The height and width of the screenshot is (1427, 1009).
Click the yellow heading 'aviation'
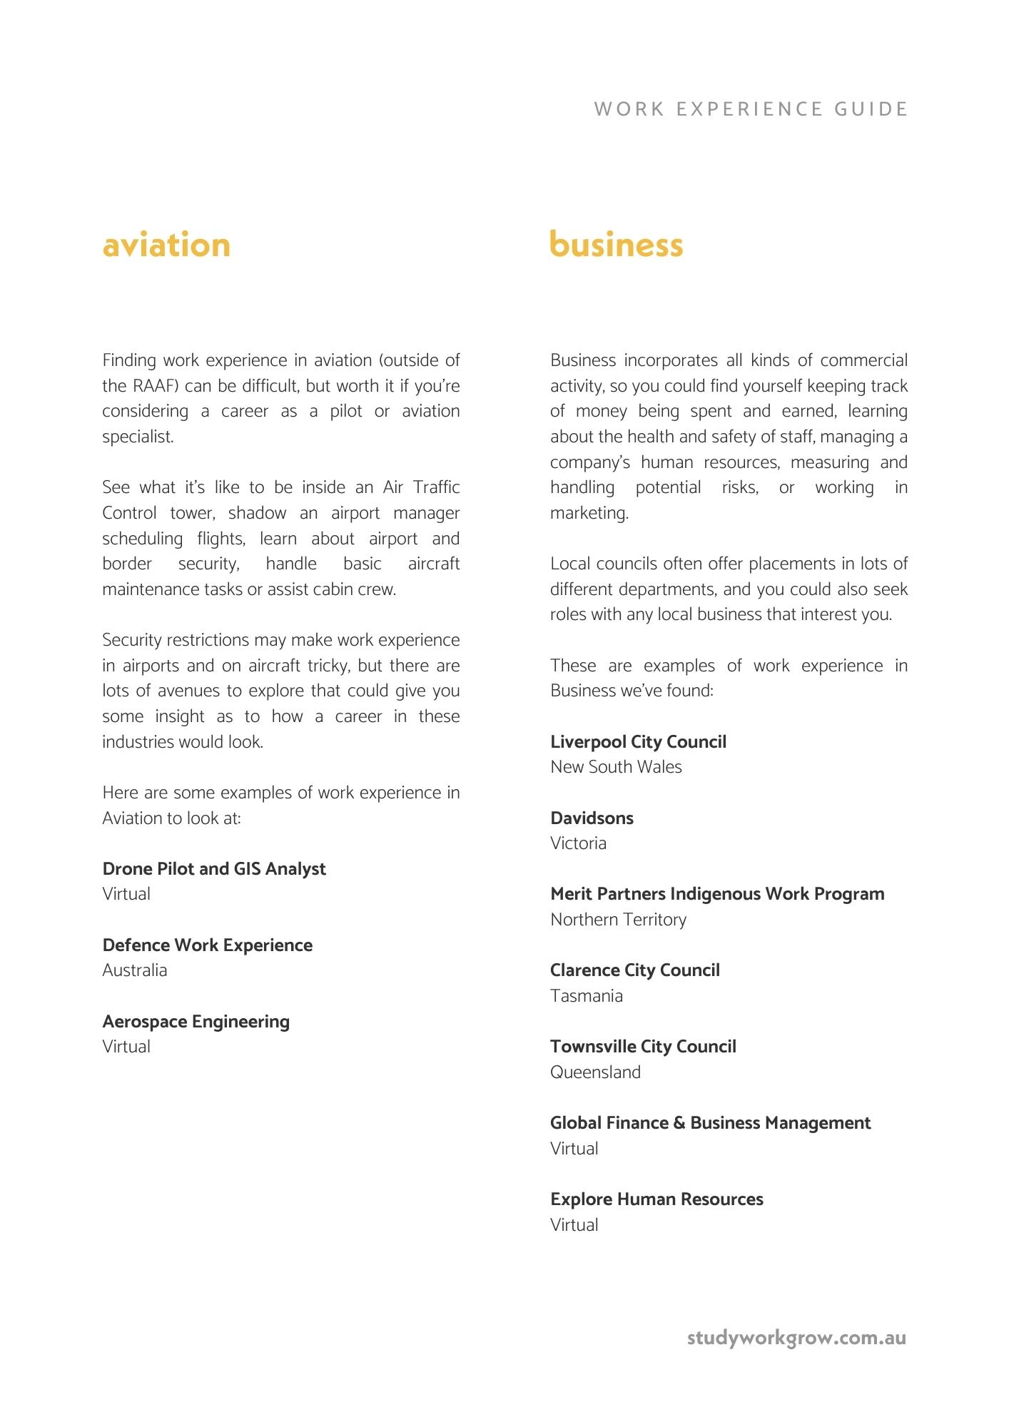click(166, 245)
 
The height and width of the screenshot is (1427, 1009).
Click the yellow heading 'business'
click(617, 245)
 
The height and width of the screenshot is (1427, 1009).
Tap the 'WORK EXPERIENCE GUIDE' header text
click(751, 109)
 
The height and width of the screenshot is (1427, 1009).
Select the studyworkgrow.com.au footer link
click(796, 1337)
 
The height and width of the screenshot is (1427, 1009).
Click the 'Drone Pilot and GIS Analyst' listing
click(214, 868)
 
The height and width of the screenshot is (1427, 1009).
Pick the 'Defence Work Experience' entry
click(208, 945)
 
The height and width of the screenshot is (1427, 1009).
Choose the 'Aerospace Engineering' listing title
click(196, 1021)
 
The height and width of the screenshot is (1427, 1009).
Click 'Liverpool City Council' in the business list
click(638, 741)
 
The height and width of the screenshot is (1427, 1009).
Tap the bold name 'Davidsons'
click(592, 818)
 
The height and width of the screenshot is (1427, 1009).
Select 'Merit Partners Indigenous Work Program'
click(717, 893)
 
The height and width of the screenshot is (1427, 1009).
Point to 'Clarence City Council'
click(635, 970)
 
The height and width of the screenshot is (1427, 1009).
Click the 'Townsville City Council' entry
click(643, 1046)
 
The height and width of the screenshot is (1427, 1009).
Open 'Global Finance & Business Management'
click(710, 1122)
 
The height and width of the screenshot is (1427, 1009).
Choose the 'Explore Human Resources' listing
click(656, 1199)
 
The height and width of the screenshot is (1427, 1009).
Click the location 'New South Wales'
click(616, 767)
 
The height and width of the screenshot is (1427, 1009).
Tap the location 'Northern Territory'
click(618, 920)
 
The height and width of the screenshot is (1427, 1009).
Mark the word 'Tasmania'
click(587, 996)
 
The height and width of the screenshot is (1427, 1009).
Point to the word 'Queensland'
click(595, 1072)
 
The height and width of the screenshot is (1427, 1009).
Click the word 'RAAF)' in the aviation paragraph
click(156, 386)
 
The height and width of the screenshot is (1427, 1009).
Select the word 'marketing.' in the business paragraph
click(589, 513)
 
